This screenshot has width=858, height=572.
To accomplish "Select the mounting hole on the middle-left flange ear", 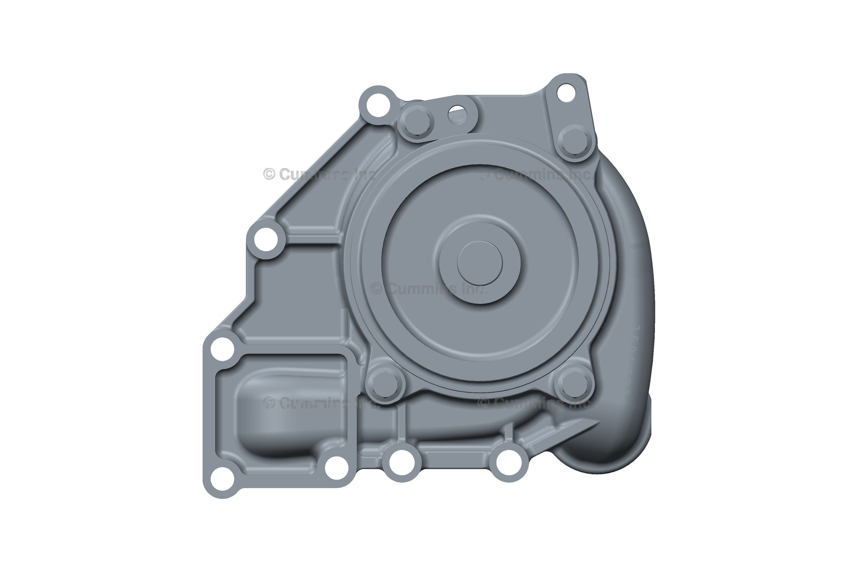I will [x=266, y=239].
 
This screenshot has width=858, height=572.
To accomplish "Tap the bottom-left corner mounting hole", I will [x=222, y=478].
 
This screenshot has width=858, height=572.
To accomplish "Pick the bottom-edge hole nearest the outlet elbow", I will [x=509, y=463].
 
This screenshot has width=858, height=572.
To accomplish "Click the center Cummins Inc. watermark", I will [x=429, y=289].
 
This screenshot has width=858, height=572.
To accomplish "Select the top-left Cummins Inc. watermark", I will [x=319, y=174].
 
